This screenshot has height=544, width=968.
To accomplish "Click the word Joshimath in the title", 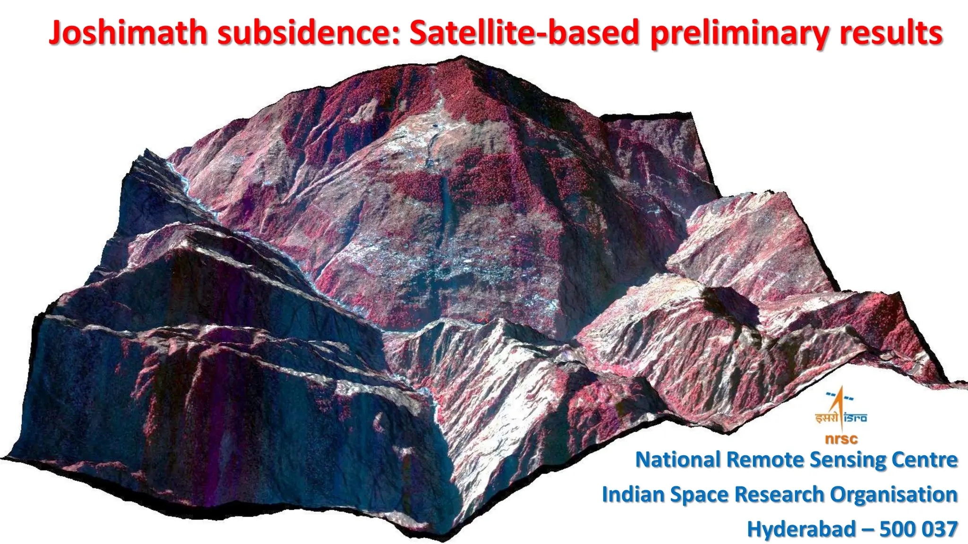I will tap(128, 33).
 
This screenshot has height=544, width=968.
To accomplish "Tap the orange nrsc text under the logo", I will tap(841, 439).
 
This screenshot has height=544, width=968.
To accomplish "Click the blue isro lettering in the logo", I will tap(855, 417).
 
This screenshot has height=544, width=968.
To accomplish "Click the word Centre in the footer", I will tap(925, 459).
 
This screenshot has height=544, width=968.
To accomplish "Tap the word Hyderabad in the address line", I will tap(802, 529).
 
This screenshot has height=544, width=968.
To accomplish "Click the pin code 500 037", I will tap(918, 529).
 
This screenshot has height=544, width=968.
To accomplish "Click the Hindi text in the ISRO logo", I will tap(826, 417).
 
